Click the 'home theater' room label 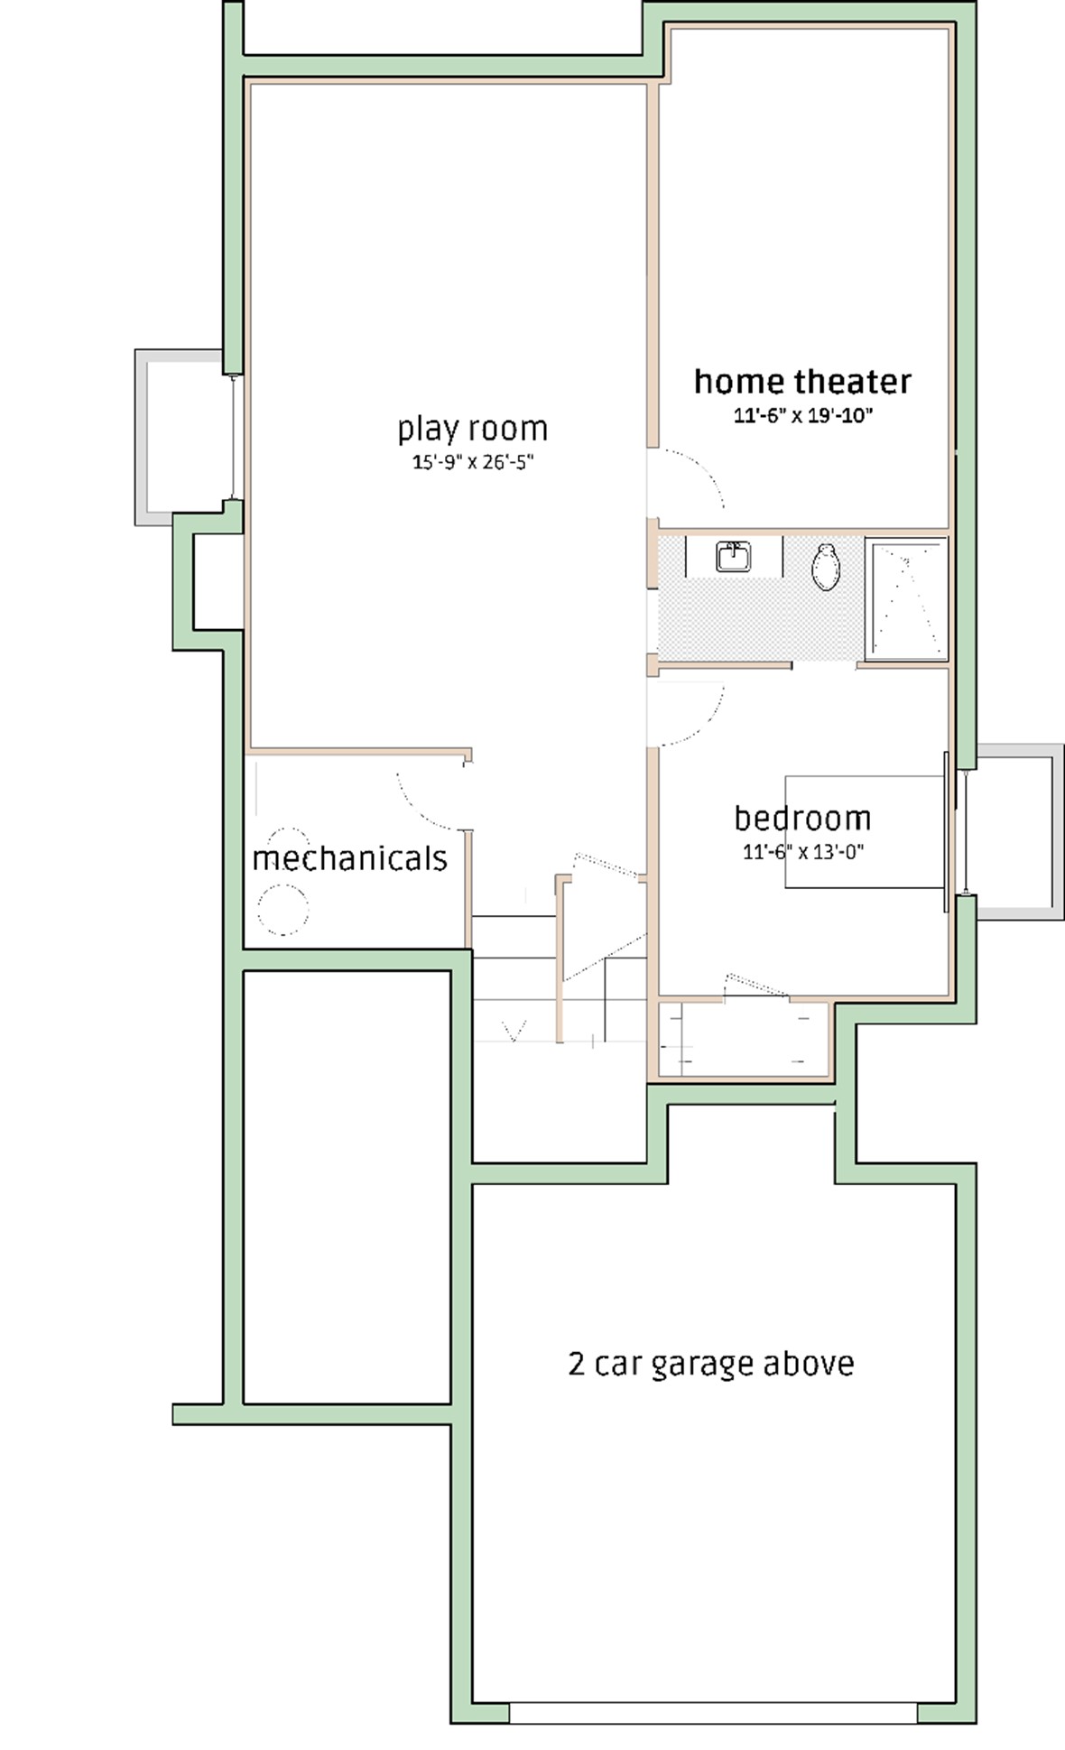(802, 382)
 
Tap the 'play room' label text (473, 430)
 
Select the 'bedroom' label (802, 819)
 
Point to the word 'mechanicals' (349, 857)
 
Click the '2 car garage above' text (711, 1363)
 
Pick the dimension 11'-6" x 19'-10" (802, 416)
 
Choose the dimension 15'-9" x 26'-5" (473, 462)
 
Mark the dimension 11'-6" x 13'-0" (802, 851)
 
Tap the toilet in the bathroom (825, 567)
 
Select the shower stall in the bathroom (906, 598)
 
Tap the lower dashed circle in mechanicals (282, 909)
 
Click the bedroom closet (744, 1039)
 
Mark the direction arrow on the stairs (514, 1030)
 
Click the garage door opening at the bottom (713, 1712)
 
